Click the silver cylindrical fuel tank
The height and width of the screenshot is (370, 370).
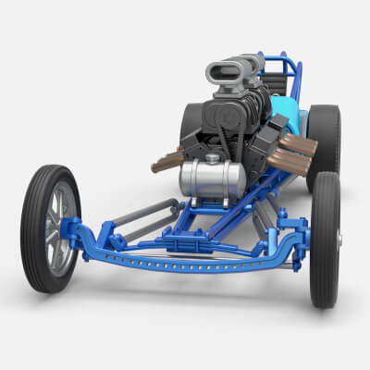coord(212,178)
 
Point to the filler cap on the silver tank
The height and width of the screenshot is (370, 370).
coord(215,159)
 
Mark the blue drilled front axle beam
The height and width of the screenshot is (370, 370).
coord(185,262)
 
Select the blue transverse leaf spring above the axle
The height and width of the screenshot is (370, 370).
coord(194,244)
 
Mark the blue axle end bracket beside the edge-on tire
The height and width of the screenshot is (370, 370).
coord(295,242)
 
